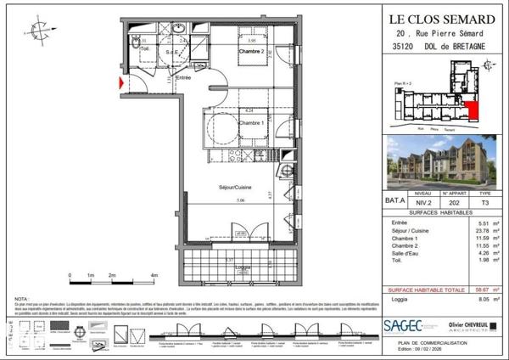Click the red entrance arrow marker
click(x=121, y=83)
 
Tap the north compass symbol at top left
click(x=39, y=31)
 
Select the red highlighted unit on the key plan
click(x=472, y=110)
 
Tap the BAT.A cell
click(x=394, y=203)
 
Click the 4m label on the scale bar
click(x=154, y=277)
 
